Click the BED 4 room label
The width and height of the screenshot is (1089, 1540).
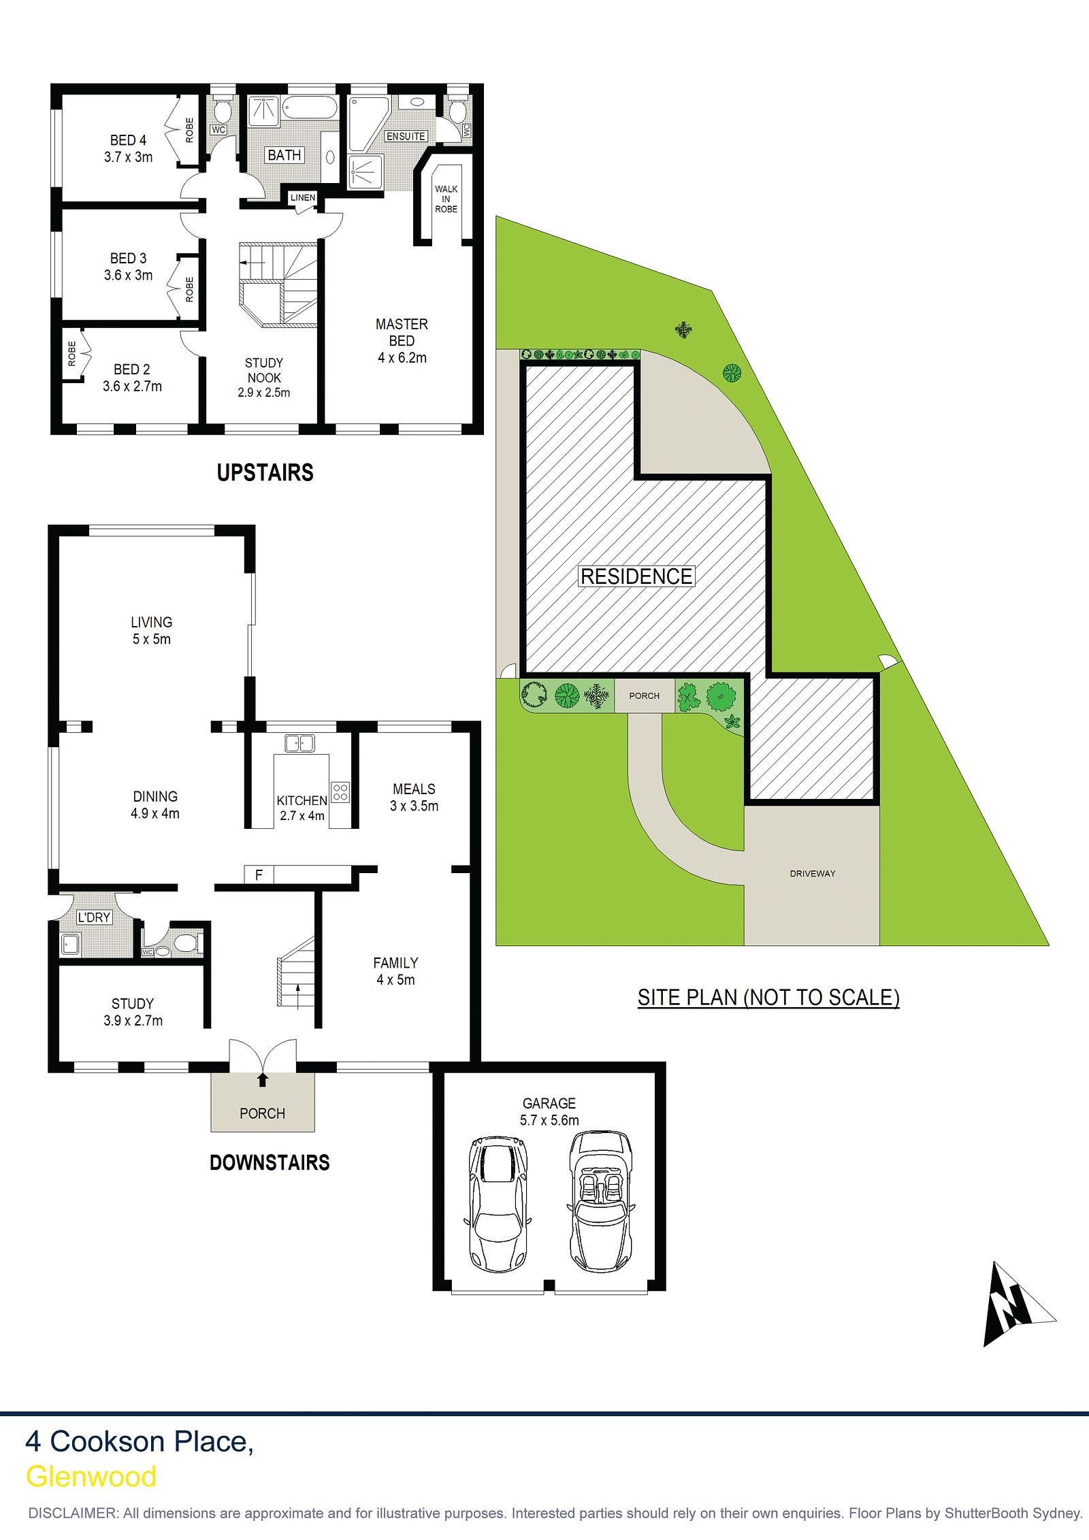[128, 140]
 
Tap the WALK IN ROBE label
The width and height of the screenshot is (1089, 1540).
[446, 199]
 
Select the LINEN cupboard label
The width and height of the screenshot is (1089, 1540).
[303, 197]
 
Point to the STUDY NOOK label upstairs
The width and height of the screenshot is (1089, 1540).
[264, 370]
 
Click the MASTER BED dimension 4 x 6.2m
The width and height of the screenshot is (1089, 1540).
[402, 358]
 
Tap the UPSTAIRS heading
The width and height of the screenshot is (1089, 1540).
[265, 472]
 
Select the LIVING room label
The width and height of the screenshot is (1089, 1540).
[151, 622]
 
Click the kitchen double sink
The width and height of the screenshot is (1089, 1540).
[299, 743]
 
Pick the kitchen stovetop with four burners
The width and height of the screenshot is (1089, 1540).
[340, 791]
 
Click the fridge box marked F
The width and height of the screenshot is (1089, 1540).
[259, 874]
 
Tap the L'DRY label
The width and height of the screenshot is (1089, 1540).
[94, 917]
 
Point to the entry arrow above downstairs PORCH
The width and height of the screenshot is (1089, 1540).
[263, 1079]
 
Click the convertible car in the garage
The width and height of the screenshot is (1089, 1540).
[600, 1202]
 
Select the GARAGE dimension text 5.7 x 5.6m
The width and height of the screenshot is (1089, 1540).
[549, 1120]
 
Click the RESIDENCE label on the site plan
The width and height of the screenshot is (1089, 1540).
[636, 576]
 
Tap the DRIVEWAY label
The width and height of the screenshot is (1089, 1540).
[813, 874]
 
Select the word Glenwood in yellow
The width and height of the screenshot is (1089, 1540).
[91, 1477]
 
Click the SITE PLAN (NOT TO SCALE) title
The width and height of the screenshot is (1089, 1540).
[768, 998]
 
